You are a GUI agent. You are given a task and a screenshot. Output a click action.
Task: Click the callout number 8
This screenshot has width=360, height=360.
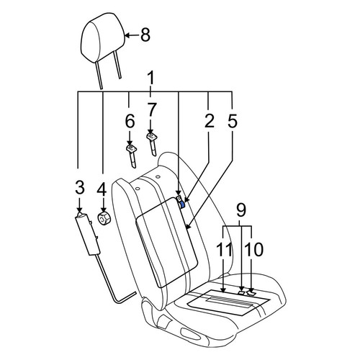coord(145,35)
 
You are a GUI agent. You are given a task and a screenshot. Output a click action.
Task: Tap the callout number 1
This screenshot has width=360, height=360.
coord(150,78)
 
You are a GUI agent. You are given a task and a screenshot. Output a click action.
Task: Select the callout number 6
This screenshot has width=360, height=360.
coord(130,121)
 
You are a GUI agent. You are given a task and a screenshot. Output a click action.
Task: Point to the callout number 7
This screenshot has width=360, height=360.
coord(152,109)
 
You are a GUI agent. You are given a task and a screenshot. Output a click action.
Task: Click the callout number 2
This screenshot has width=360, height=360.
coord(210,121)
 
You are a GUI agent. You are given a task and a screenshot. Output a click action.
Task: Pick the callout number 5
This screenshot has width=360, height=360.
coord(233,121)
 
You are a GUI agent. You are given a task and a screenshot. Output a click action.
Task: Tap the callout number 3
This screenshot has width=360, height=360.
coord(80,187)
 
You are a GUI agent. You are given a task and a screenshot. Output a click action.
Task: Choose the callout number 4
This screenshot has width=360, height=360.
coord(102,189)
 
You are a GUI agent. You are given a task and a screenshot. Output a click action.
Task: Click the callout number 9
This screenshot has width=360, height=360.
coord(241,210)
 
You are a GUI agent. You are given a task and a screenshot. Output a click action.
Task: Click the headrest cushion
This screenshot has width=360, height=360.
coord(103,37)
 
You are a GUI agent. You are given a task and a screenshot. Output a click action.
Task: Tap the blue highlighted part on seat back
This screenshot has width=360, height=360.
coord(182,204)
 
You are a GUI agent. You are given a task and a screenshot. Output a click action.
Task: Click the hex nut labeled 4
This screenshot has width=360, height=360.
coord(104,218)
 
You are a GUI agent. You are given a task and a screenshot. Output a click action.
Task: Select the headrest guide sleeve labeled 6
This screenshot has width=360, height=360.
coord(131,156)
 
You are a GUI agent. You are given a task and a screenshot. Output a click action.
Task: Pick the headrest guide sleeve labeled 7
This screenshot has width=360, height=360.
coord(152,144)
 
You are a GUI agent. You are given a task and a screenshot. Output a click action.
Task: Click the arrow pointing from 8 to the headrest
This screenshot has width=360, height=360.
coord(132,35)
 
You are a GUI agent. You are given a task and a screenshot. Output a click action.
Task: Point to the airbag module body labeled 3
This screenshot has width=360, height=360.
coord(88,234)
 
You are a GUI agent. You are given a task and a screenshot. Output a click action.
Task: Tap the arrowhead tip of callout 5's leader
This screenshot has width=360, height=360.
coord(186,228)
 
